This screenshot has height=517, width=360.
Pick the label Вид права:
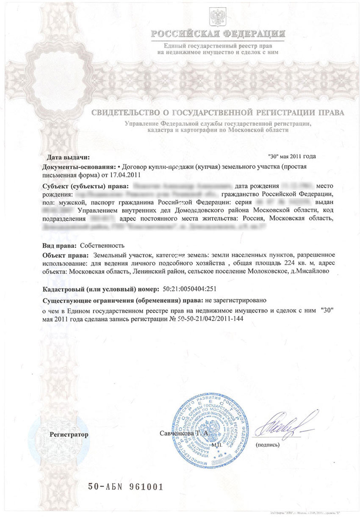pos(60,246)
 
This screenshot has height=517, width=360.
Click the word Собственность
pos(102,246)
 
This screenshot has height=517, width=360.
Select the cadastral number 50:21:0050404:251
pos(190,289)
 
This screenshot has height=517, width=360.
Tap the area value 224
pos(278,263)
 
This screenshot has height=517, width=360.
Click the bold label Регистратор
pos(69,434)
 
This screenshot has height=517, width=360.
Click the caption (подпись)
pos(267,445)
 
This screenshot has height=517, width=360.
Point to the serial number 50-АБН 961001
pos(125,487)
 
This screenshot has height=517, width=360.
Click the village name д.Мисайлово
pos(312,271)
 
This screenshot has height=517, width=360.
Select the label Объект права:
pos(66,255)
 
